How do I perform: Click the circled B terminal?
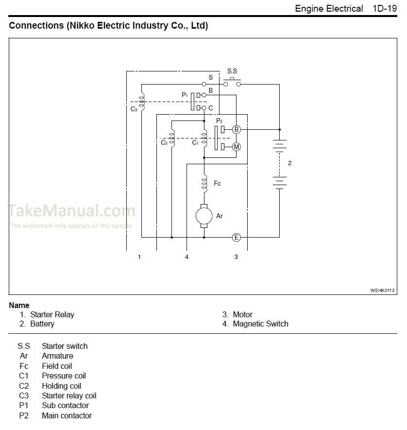point(237,130)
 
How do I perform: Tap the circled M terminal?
point(237,147)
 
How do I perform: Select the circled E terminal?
point(237,238)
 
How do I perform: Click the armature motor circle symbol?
point(204,216)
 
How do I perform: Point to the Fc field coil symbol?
point(204,184)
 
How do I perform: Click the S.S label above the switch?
point(232,71)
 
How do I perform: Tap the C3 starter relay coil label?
point(134,109)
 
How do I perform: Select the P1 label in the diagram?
point(185,95)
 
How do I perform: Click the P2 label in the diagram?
point(219,120)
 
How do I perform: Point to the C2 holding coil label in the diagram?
point(164,143)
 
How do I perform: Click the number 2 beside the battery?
point(290,163)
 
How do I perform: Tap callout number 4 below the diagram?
point(187,257)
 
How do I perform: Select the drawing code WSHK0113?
point(383,290)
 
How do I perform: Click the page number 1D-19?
point(385,9)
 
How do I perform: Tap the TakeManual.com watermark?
point(71,211)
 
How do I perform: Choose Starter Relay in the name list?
point(52,315)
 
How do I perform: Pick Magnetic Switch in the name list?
point(260,324)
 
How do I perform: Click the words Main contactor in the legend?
point(67,416)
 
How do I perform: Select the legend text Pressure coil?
point(64,376)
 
